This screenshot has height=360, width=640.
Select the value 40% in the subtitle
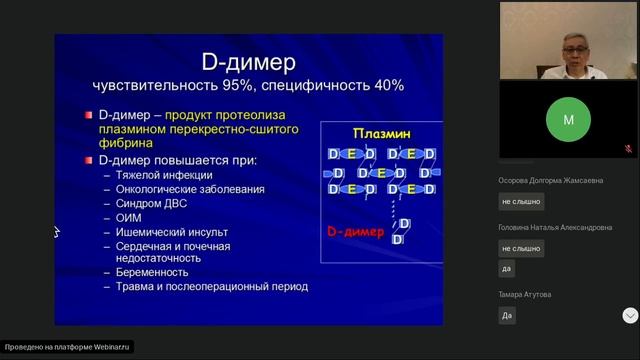384,85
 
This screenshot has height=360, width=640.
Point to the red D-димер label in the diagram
355,231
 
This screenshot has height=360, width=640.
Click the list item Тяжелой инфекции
164,175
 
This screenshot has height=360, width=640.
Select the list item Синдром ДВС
155,203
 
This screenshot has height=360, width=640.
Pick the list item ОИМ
130,217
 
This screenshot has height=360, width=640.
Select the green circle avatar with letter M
568,119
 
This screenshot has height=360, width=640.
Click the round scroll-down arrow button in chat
630,315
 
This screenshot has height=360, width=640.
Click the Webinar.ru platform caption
67,348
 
